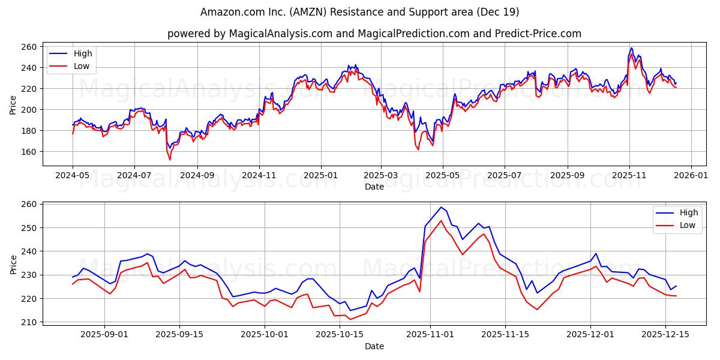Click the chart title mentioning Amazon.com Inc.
pyautogui.click(x=360, y=12)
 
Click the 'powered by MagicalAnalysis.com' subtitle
pyautogui.click(x=374, y=34)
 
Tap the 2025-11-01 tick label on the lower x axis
pyautogui.click(x=430, y=335)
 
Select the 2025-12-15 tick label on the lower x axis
pyautogui.click(x=665, y=335)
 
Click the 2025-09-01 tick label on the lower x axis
pyautogui.click(x=104, y=335)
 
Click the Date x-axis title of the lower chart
pyautogui.click(x=374, y=346)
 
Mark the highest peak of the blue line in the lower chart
pyautogui.click(x=441, y=208)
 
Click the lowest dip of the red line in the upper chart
pyautogui.click(x=170, y=160)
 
